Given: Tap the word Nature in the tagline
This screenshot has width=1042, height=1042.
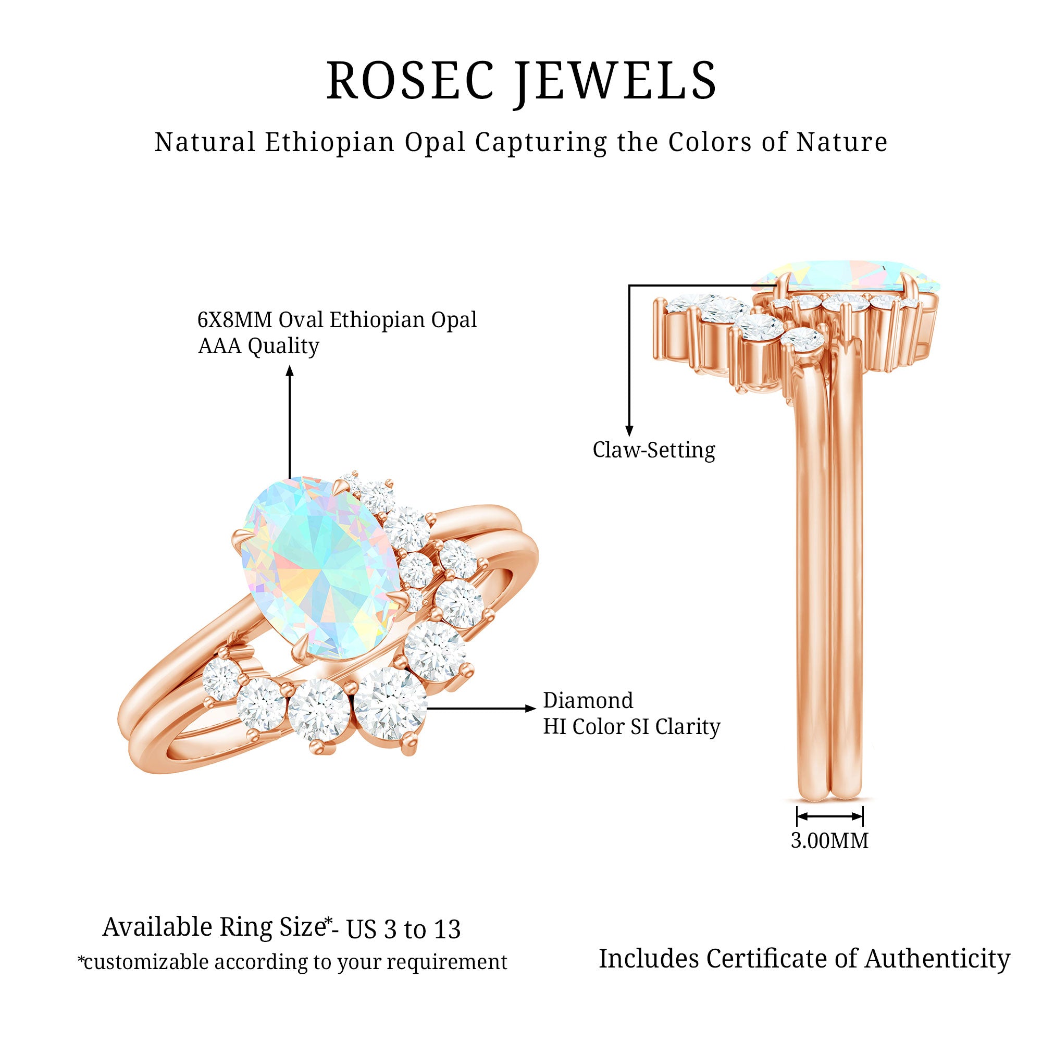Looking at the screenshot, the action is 842,142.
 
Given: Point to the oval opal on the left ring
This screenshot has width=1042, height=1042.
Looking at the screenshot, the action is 320,568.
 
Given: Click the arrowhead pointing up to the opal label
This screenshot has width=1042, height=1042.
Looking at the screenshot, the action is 290,370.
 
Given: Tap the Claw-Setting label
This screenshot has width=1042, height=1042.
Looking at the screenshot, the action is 654,450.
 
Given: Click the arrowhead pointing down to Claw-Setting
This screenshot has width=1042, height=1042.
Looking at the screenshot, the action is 629,430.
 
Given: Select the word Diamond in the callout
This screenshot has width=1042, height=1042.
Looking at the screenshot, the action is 588,701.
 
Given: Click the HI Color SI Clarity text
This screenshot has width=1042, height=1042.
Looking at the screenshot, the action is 631,727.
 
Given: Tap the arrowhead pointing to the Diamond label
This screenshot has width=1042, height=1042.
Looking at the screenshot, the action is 531,708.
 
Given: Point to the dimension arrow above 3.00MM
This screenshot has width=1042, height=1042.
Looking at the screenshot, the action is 829,816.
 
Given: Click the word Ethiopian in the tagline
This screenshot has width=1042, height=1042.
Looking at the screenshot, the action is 330,143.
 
